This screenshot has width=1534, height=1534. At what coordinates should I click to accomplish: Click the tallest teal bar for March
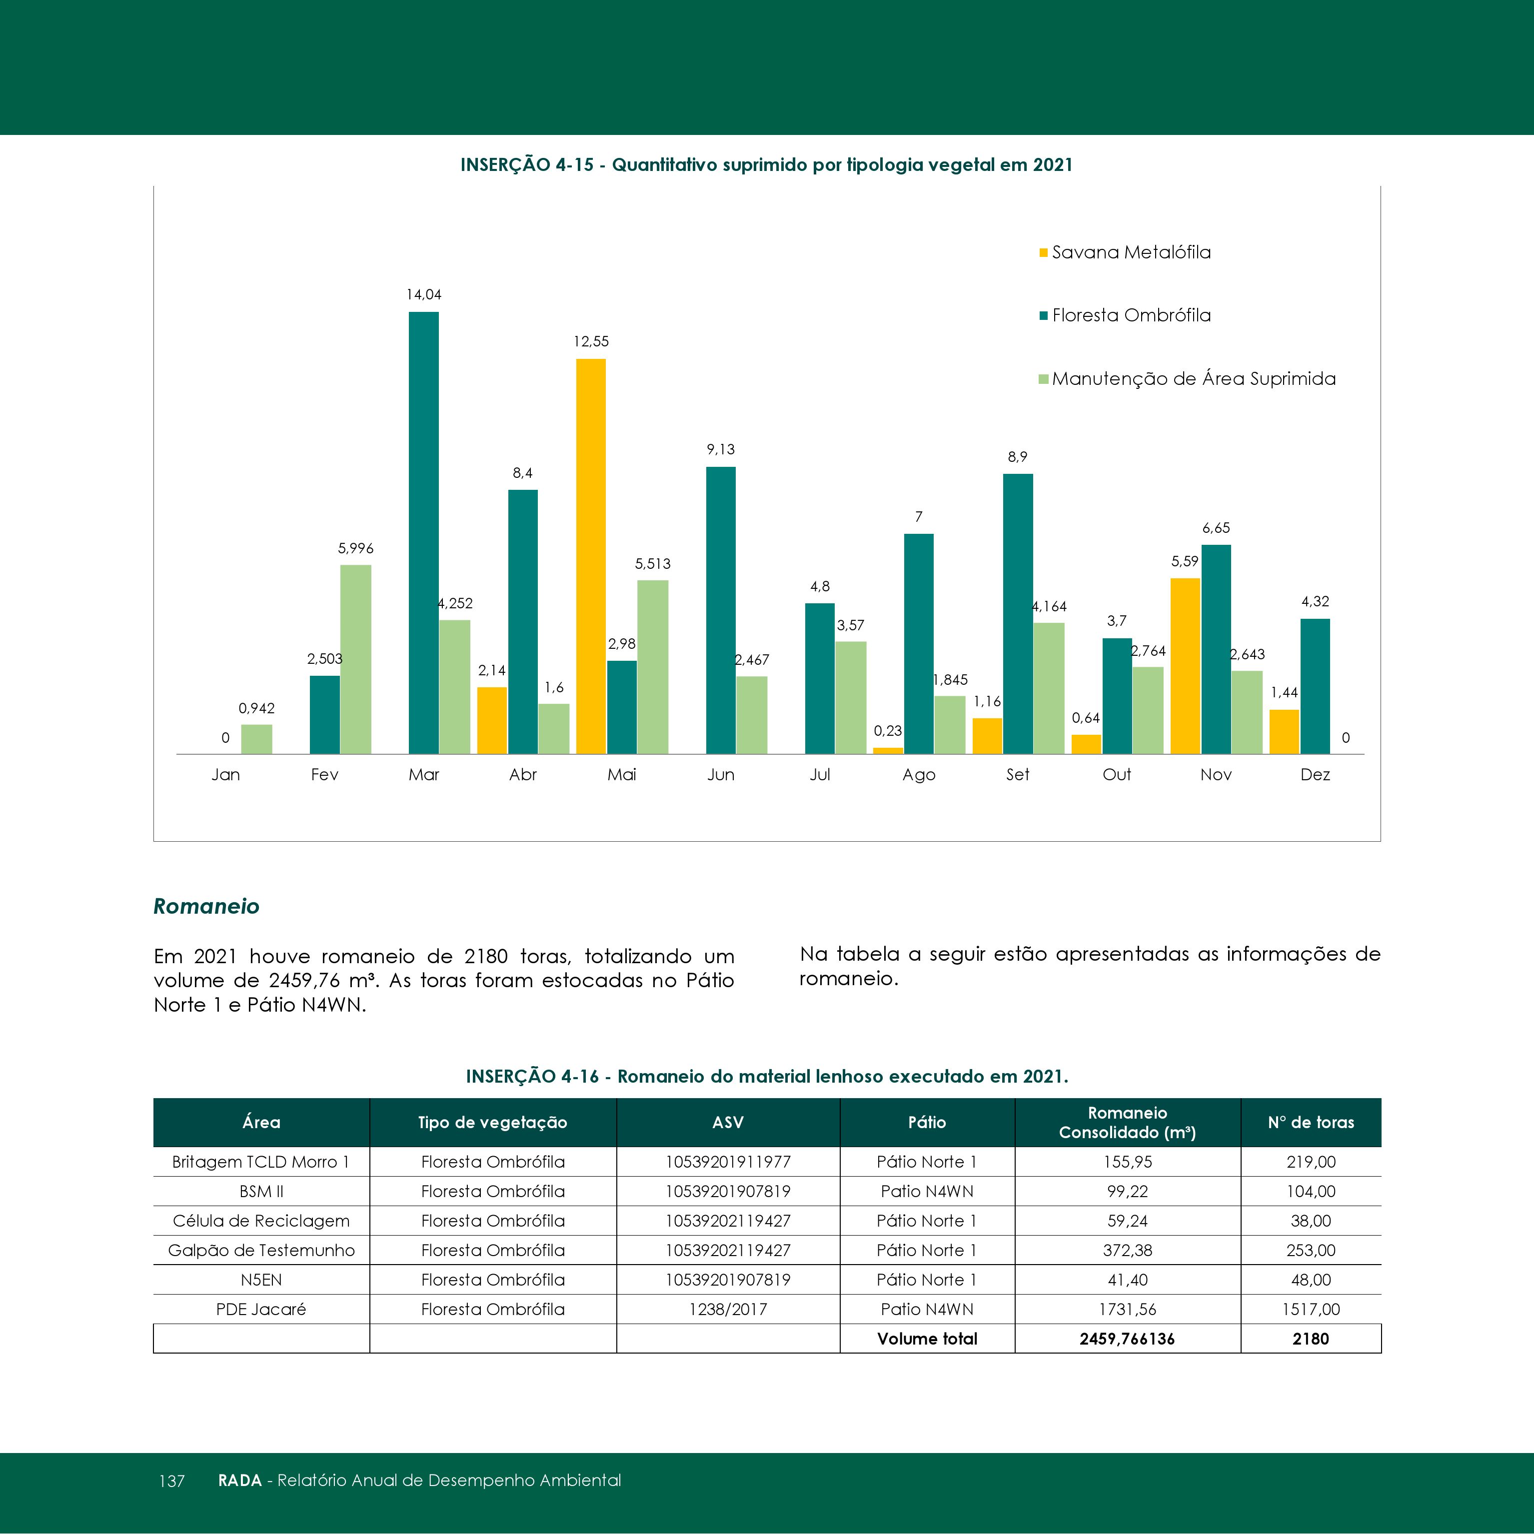click(x=423, y=533)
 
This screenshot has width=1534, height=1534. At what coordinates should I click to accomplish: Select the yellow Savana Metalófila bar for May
click(x=591, y=556)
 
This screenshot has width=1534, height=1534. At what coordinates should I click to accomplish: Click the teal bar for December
click(x=1315, y=686)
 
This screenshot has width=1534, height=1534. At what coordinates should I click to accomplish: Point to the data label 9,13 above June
click(x=721, y=449)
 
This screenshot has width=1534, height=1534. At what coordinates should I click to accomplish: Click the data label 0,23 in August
click(x=888, y=730)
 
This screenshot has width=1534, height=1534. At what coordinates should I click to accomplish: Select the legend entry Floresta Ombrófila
click(x=1125, y=315)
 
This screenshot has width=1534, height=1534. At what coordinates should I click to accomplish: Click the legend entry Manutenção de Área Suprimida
click(x=1187, y=379)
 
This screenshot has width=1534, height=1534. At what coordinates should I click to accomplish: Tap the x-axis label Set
click(x=1017, y=774)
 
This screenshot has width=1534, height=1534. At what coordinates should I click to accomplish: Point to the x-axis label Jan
click(x=225, y=774)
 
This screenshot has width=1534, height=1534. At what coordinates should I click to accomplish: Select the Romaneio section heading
click(x=206, y=906)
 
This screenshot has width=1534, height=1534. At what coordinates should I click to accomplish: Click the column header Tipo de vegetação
click(x=492, y=1122)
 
